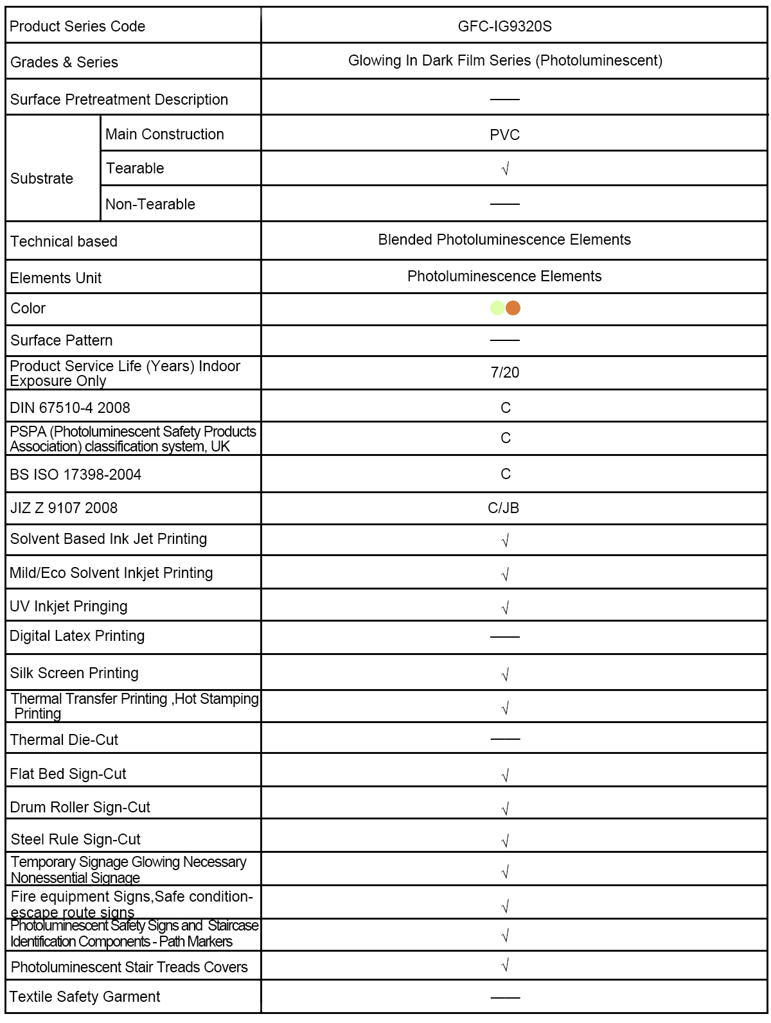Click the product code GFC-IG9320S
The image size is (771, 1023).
504,26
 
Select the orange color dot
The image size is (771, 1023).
513,308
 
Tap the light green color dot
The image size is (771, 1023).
497,308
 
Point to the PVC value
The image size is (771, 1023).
504,135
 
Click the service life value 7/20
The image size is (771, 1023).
504,372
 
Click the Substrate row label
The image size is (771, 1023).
42,179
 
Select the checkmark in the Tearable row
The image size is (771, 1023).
505,169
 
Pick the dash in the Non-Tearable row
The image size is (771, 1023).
504,204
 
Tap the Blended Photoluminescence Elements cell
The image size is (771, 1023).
504,240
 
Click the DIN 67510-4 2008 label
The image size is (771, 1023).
70,408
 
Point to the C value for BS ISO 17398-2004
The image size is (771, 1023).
506,474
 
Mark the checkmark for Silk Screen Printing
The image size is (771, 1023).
505,674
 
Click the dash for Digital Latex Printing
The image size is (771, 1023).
504,637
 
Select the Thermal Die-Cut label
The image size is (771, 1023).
64,740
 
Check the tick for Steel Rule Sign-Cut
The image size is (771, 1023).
505,841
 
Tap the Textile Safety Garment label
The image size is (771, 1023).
85,997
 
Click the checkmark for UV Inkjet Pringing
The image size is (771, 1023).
505,608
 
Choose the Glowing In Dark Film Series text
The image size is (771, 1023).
505,60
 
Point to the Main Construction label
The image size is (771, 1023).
164,134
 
